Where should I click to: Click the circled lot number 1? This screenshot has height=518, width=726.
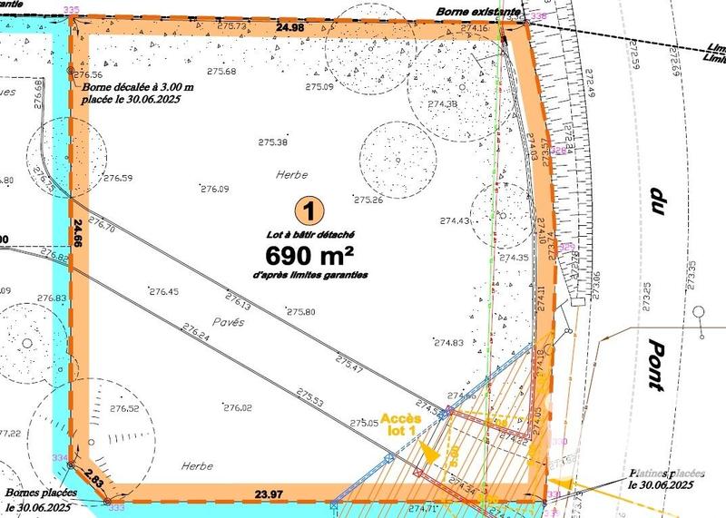coord(310,212)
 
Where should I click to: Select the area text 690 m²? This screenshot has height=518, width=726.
coord(311,251)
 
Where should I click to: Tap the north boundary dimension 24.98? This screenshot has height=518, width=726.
coord(289,28)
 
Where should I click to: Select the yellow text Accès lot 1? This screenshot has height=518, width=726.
coord(399,423)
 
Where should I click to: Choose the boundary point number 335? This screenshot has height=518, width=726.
coord(73,10)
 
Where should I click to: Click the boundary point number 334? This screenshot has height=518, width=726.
coord(60,457)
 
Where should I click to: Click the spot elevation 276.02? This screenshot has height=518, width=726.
coord(235,408)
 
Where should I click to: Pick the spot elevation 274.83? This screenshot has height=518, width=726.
coord(448,342)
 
